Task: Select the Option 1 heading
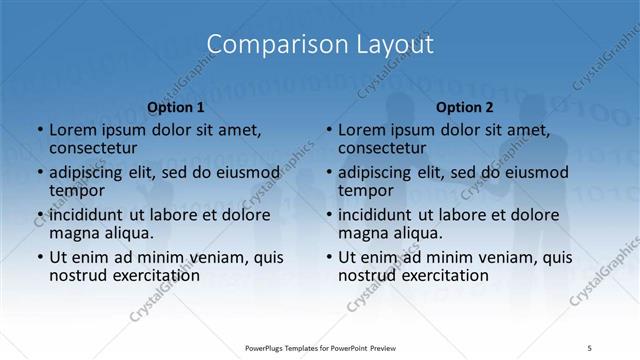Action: click(x=176, y=107)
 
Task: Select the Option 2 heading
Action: click(x=465, y=107)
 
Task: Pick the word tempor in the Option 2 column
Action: click(x=365, y=191)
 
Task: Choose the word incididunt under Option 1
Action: click(x=86, y=214)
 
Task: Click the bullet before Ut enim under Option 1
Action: click(x=39, y=257)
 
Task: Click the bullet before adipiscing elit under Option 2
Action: click(x=328, y=173)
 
